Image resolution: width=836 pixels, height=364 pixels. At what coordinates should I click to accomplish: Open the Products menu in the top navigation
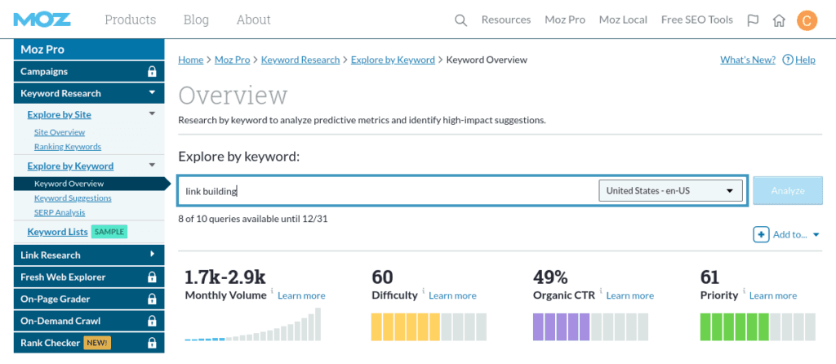pyautogui.click(x=130, y=20)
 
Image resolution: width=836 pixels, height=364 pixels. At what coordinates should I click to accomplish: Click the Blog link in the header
pyautogui.click(x=196, y=20)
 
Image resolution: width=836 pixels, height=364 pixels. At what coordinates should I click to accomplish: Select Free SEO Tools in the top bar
pyautogui.click(x=696, y=20)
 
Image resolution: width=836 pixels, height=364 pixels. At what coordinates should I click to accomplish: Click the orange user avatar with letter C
pyautogui.click(x=807, y=20)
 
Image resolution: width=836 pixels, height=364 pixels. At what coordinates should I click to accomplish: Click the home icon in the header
pyautogui.click(x=779, y=20)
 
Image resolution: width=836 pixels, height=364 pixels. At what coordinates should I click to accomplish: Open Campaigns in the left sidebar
pyautogui.click(x=44, y=72)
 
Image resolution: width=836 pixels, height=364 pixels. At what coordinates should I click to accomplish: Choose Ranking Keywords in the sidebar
pyautogui.click(x=68, y=147)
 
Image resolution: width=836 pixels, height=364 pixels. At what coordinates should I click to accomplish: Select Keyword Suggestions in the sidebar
pyautogui.click(x=73, y=198)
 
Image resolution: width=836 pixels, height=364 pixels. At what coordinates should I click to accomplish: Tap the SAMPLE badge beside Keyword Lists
pyautogui.click(x=109, y=232)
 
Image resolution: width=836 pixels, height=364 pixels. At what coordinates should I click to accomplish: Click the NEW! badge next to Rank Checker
pyautogui.click(x=97, y=343)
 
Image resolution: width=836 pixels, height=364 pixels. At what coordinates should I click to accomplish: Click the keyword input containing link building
pyautogui.click(x=384, y=191)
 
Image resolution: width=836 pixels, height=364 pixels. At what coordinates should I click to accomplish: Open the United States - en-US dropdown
pyautogui.click(x=670, y=191)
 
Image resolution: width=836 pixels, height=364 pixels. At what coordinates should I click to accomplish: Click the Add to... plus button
pyautogui.click(x=761, y=235)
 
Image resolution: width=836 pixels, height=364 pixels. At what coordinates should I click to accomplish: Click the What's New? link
pyautogui.click(x=747, y=60)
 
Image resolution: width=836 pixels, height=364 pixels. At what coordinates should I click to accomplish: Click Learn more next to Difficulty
pyautogui.click(x=452, y=295)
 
